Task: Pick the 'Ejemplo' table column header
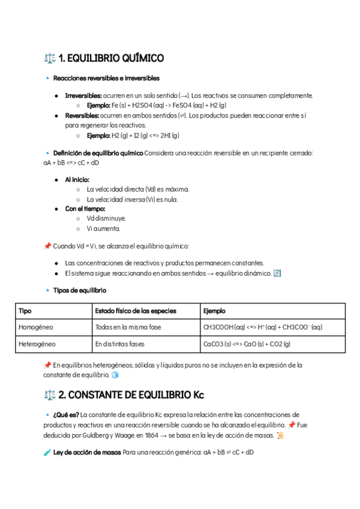215,311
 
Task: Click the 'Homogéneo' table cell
36,327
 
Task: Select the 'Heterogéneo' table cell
37,344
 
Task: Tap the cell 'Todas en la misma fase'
128,327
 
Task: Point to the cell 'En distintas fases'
120,344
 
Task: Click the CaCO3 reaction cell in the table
247,344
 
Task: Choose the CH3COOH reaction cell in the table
263,327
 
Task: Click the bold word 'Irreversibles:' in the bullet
83,95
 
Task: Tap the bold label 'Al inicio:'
77,179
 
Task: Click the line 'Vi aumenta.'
103,229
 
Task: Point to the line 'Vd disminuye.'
106,218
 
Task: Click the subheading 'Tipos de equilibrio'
80,291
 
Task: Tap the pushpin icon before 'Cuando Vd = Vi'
47,246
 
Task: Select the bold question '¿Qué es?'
66,415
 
